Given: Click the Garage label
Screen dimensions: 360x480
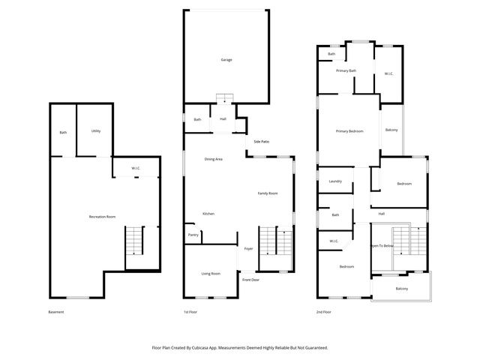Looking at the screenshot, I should point(226,59).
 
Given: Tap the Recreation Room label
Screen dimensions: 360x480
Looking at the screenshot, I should point(102,217).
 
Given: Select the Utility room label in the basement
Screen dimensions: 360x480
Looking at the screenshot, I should point(96,131).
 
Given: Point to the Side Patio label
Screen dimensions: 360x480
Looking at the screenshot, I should point(261,142).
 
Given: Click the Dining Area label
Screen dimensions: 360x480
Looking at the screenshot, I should point(214,159).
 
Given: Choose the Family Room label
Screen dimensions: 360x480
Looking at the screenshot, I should point(268,193).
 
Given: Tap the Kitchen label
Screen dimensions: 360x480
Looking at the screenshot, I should point(208,214).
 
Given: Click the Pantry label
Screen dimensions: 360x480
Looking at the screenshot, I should point(193,235).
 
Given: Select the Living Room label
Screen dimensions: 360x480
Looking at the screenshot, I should point(211,274).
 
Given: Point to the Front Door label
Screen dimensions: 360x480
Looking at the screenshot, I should point(250,280).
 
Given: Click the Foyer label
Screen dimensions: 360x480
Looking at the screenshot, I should point(248,248).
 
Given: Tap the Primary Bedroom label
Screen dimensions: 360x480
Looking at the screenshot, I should point(349,131).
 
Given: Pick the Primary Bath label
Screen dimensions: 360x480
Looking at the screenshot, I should point(346,70).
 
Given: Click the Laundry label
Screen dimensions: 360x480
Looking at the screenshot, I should point(335,181).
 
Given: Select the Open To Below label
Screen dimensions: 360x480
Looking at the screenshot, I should point(382,245).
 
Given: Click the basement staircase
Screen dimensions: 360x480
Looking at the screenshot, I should point(133,241).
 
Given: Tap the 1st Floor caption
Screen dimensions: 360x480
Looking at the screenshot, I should point(190,312).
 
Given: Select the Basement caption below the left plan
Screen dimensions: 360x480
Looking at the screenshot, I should point(56,312).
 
